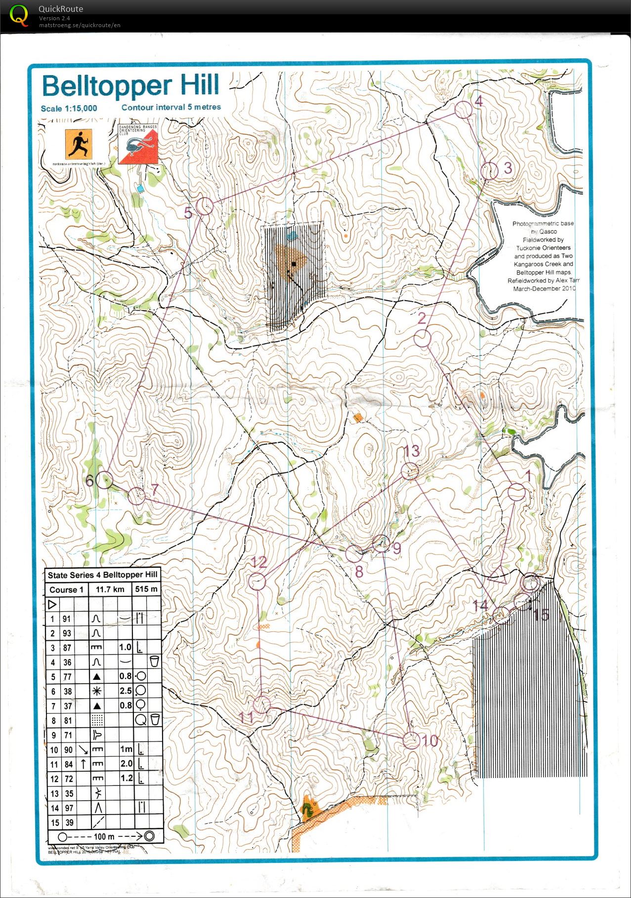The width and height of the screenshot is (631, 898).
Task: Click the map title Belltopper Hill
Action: pos(130,86)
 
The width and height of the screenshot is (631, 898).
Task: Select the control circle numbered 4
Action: pos(463,110)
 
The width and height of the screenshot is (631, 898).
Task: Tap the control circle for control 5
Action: pos(205,206)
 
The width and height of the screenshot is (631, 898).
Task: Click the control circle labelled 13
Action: pos(410,471)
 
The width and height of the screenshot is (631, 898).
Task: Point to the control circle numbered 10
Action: pos(411,740)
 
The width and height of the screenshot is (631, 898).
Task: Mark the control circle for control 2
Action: pos(422,339)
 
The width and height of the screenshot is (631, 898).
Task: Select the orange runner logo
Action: pos(78,144)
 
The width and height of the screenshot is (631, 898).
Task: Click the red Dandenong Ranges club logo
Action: pos(138,144)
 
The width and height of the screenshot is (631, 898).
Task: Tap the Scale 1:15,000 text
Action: pos(69,109)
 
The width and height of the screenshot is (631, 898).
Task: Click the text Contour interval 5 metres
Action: pos(171,107)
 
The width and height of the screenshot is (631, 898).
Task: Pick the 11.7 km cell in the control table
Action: pos(110,589)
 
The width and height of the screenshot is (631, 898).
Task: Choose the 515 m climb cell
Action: pos(146,589)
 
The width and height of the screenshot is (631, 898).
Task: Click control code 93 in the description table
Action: pos(67,633)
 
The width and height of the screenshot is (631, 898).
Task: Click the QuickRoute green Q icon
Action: pos(19,15)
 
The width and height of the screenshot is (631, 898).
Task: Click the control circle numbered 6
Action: pos(104,480)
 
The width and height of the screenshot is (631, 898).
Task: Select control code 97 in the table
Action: pos(68,808)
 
